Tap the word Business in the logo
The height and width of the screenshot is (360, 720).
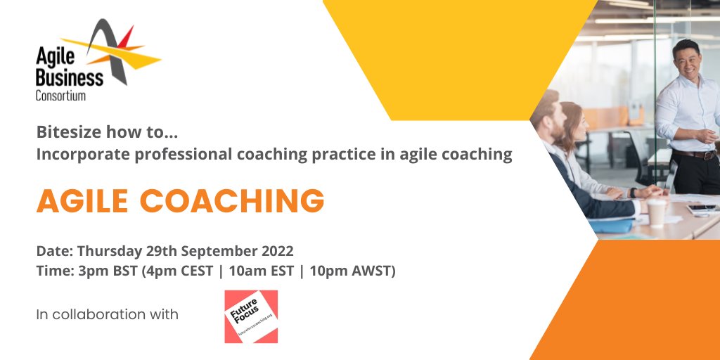[x=70, y=77]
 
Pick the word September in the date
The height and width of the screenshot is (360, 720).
[x=211, y=251]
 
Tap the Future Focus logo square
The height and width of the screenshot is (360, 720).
[x=251, y=316]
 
